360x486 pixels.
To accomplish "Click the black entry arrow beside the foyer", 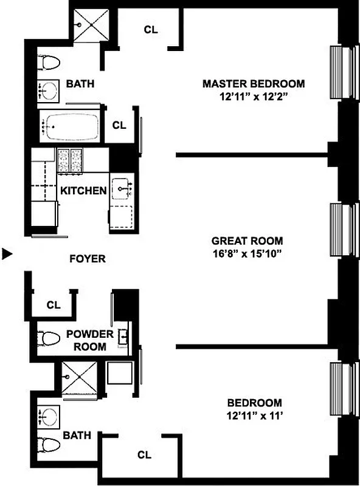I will point(7,254).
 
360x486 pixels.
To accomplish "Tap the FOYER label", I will point(87,259).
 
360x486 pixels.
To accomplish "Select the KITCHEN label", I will point(83,191).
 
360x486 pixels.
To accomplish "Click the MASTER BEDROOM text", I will point(254,83).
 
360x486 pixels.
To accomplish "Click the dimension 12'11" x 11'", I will point(254,416).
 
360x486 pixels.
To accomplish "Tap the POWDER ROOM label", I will point(89,340).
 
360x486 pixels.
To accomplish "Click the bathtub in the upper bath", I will point(70,127).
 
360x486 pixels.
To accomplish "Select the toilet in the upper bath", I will point(50,62).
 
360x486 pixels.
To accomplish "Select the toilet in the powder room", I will point(48,337).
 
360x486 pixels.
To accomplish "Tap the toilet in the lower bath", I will point(49,443).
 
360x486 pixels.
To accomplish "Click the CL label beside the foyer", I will point(54,305).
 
